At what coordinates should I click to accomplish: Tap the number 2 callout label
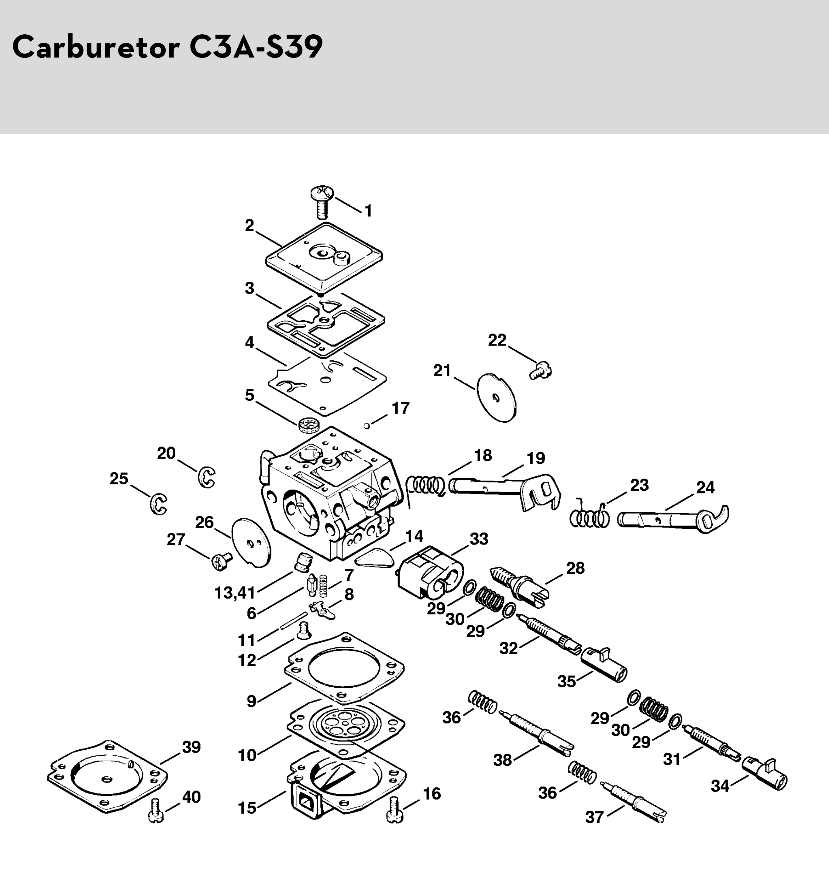click(249, 226)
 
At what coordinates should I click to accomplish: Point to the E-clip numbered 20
click(206, 477)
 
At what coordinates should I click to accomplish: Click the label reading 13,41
click(235, 593)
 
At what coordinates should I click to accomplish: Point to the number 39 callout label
click(191, 747)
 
